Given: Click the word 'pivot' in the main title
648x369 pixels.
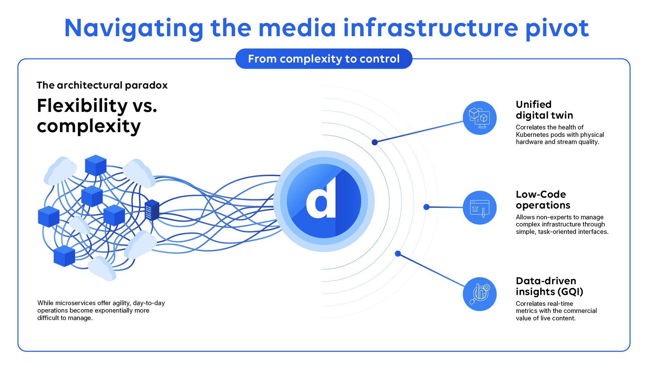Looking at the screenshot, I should (x=557, y=28).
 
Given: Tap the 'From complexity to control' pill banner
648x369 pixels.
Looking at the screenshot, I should (x=324, y=59).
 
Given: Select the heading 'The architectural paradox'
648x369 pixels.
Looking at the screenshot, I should (x=102, y=85).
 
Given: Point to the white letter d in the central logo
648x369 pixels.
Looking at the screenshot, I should (x=321, y=199).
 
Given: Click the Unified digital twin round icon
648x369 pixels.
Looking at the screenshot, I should (x=479, y=118).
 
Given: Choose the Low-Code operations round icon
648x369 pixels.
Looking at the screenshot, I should (x=479, y=207).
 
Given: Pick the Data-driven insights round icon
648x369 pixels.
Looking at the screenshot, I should (x=479, y=294).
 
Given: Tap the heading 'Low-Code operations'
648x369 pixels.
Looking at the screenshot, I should (x=542, y=200).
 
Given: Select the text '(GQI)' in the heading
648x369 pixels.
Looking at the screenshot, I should (x=570, y=292).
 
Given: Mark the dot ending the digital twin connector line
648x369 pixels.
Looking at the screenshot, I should (x=374, y=142).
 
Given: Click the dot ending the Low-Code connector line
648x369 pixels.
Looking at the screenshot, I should (x=426, y=207).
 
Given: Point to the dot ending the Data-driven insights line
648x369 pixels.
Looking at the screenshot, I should (x=398, y=253).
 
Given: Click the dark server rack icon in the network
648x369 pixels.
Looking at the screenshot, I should (x=152, y=210).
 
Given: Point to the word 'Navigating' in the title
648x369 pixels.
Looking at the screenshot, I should (x=134, y=28).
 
